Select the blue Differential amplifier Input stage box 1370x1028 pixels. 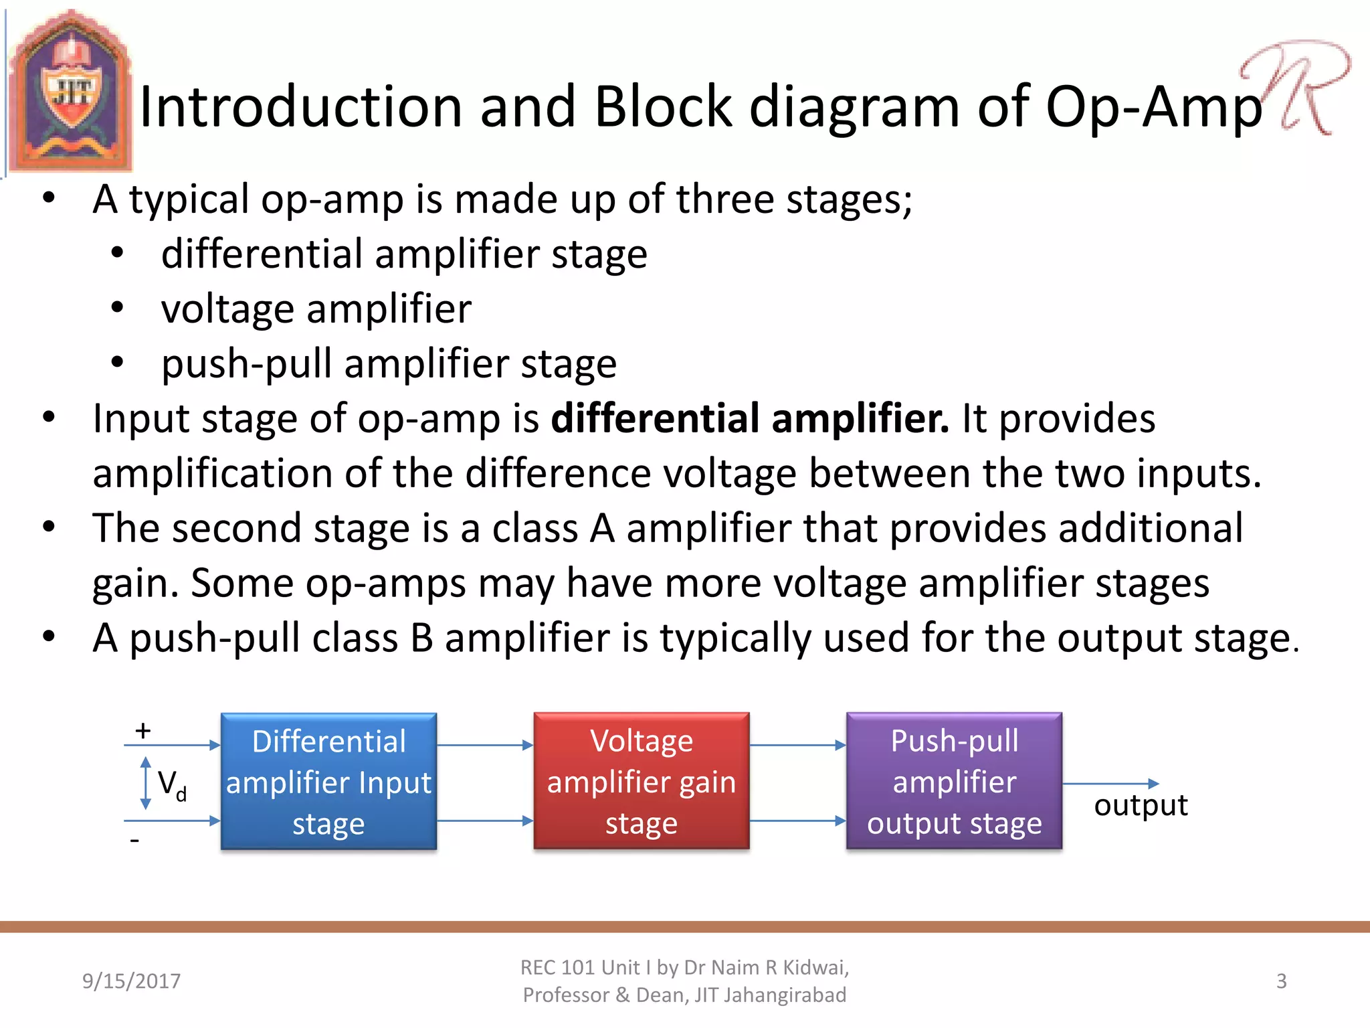[328, 781]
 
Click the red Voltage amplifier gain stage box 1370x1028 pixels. [641, 781]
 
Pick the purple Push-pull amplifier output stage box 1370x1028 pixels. [954, 781]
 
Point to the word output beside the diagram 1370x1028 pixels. [1141, 805]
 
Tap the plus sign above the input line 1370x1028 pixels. [143, 730]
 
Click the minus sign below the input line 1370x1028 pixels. [135, 841]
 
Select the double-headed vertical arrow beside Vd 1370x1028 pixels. [146, 783]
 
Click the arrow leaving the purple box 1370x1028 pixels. [1110, 784]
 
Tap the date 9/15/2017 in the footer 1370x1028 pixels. [131, 981]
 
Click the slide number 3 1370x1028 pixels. [1281, 981]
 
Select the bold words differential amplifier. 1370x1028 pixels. [749, 419]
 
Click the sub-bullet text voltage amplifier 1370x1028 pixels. [316, 309]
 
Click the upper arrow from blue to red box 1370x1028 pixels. [485, 745]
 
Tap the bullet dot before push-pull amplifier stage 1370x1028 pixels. [118, 362]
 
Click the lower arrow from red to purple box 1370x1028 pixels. [797, 821]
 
